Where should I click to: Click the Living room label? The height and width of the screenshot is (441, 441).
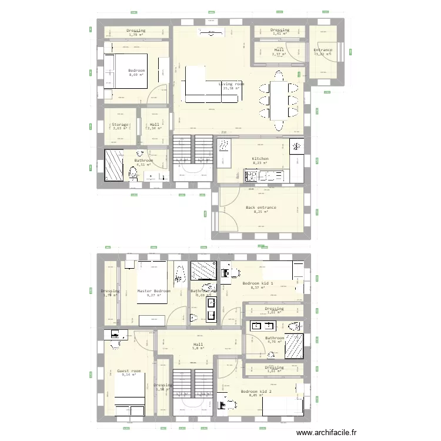point(232,84)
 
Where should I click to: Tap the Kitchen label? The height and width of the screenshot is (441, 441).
point(260,159)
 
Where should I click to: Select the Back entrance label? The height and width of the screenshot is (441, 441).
point(260,208)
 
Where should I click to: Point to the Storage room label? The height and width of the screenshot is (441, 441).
point(119,125)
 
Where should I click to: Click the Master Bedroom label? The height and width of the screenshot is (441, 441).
point(153,291)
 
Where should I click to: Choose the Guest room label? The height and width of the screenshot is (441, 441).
point(129,371)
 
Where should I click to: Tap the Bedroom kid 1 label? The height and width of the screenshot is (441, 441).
point(258,283)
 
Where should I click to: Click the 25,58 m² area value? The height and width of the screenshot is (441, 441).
point(232,89)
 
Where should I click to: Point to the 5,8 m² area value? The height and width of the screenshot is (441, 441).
point(198,349)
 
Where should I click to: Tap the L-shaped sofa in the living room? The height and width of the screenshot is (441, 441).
point(206,88)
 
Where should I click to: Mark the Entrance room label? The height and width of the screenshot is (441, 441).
point(322,51)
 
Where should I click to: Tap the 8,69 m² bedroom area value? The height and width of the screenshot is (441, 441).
point(136,75)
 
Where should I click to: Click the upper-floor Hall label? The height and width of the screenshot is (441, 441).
point(198,345)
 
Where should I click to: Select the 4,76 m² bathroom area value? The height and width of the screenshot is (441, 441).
point(275,342)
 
